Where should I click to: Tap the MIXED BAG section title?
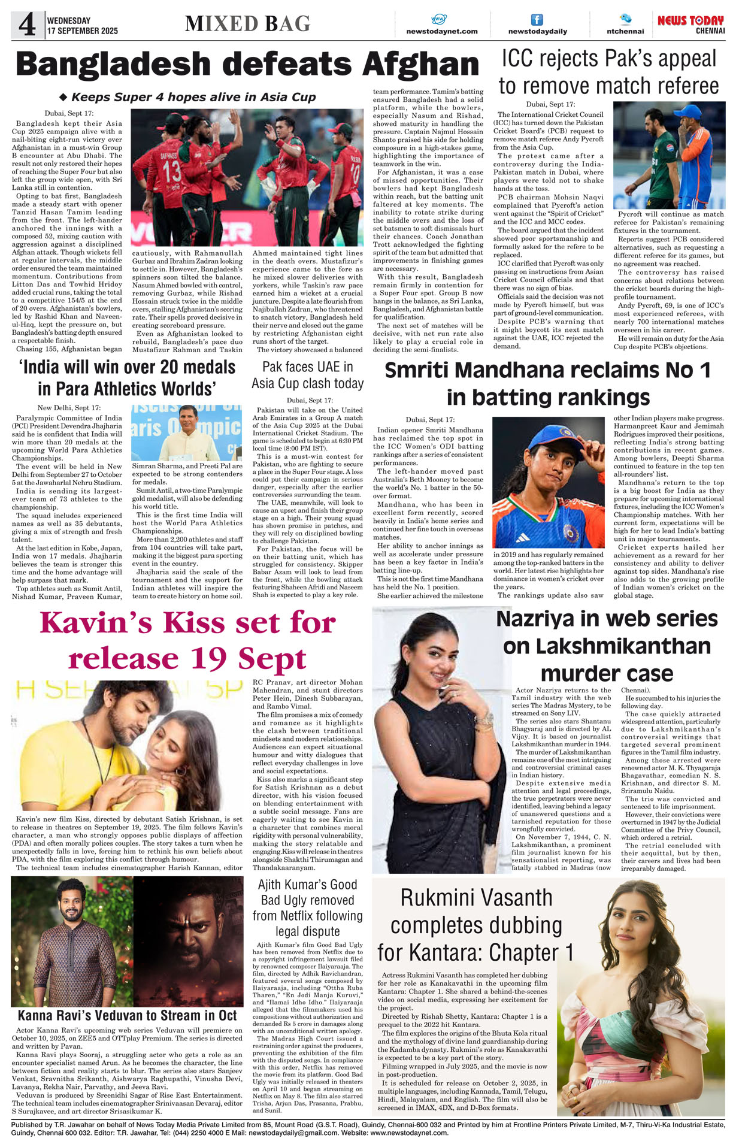(x=247, y=24)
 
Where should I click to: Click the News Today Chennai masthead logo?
(x=690, y=24)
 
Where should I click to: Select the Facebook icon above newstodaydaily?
(x=537, y=20)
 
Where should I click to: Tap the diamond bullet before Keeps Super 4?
(x=63, y=97)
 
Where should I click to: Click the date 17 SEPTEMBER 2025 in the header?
(x=83, y=31)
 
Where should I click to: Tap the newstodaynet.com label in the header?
(x=441, y=31)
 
